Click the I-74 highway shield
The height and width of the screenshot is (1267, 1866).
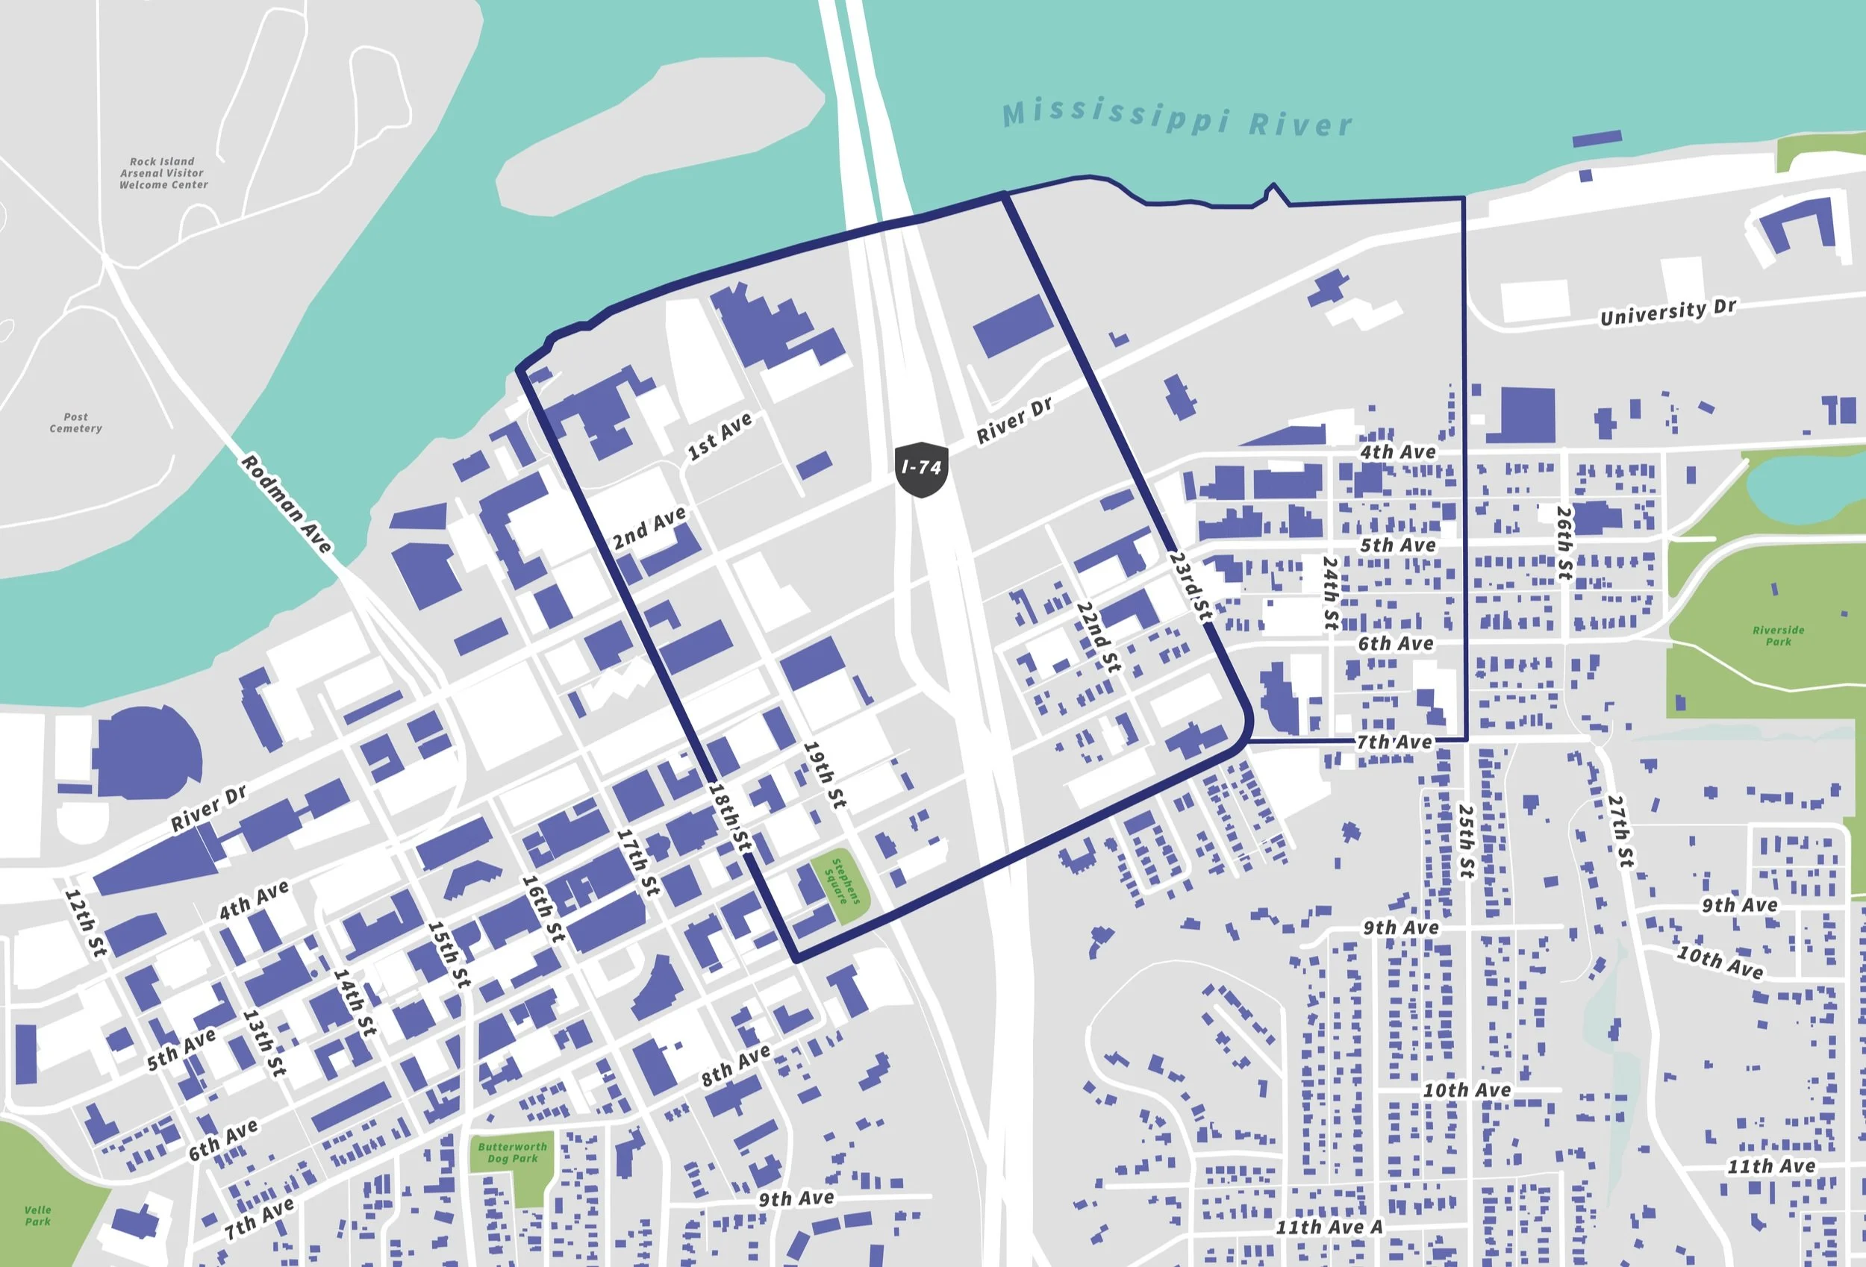click(x=921, y=468)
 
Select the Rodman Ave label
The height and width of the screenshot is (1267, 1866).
click(x=286, y=504)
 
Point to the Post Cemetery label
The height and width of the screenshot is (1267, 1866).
click(x=75, y=422)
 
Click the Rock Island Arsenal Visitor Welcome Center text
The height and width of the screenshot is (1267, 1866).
click(x=163, y=172)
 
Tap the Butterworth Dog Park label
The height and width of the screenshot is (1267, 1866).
click(x=511, y=1152)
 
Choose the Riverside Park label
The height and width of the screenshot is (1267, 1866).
click(x=1779, y=635)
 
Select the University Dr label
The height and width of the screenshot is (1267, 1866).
click(x=1667, y=313)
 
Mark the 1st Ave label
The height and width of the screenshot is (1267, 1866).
click(x=720, y=436)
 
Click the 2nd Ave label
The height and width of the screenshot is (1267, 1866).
click(x=649, y=528)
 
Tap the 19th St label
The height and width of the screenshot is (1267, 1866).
click(x=825, y=775)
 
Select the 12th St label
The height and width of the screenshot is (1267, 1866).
click(x=85, y=922)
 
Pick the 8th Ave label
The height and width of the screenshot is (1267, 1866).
click(x=735, y=1066)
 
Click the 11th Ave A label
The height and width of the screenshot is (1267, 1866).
click(x=1329, y=1226)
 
